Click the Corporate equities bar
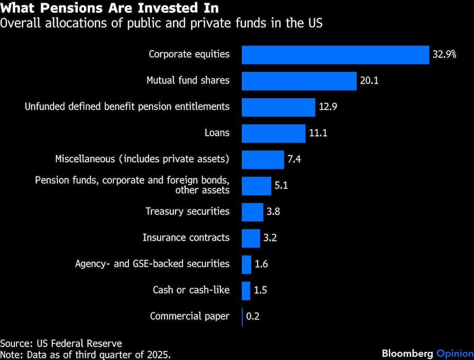pos(335,55)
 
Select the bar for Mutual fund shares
pos(299,81)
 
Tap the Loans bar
pos(273,133)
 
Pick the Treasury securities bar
pos(252,212)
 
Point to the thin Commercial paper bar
pos(242,317)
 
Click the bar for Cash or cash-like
pos(246,291)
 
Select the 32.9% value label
pos(444,55)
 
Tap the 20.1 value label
pos(369,81)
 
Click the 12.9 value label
pos(328,107)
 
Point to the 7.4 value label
pos(294,159)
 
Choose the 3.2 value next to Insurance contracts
pos(270,238)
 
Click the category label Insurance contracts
pos(186,238)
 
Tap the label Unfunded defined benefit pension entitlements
pos(127,107)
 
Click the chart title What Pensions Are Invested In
pos(110,8)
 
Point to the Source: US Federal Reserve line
pos(61,343)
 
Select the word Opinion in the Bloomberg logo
pos(454,353)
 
